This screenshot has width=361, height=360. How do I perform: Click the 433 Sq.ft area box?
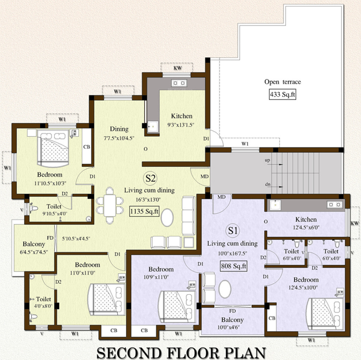(x=282, y=94)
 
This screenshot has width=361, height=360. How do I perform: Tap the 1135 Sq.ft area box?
(x=144, y=211)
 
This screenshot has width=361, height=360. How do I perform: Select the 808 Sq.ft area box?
(x=234, y=266)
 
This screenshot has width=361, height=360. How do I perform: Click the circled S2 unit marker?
(x=150, y=178)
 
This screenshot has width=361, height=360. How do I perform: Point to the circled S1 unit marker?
(x=233, y=230)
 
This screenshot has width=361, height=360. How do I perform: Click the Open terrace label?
(x=282, y=82)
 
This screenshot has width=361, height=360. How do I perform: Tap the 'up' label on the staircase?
(x=267, y=160)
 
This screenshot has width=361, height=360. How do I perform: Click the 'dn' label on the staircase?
(x=267, y=184)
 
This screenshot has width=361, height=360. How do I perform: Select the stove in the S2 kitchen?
(x=179, y=83)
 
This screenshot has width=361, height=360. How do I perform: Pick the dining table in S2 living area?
(x=110, y=205)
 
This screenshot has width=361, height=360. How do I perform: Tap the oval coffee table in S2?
(x=167, y=217)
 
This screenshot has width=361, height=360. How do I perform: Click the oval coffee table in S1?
(x=225, y=289)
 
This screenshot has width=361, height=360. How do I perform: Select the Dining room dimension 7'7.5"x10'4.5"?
(x=119, y=138)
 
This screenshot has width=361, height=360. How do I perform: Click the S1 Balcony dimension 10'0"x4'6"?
(x=232, y=327)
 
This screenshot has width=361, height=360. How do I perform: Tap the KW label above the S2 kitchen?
(x=177, y=68)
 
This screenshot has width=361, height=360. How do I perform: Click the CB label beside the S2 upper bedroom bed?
(x=87, y=147)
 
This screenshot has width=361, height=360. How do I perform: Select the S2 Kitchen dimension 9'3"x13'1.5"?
(x=181, y=125)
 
